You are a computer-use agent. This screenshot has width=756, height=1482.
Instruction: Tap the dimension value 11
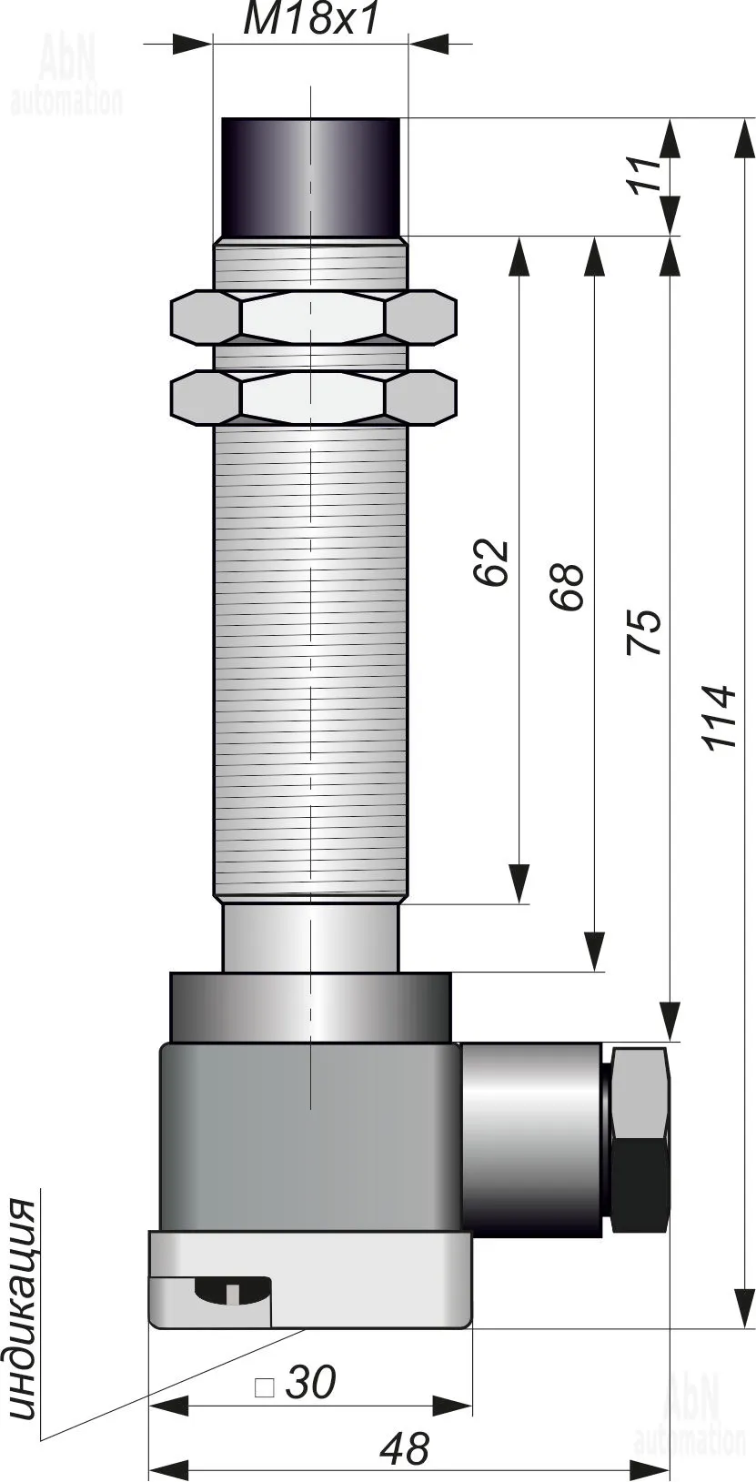point(646,176)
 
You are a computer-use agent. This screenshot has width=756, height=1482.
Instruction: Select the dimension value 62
point(492,562)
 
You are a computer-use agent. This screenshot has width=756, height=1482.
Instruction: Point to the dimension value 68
point(568,586)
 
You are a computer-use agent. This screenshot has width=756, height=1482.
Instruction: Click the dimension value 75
point(644,632)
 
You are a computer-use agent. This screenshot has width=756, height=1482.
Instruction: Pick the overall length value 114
point(719,718)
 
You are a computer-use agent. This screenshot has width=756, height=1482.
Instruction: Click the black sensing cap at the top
point(310,176)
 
